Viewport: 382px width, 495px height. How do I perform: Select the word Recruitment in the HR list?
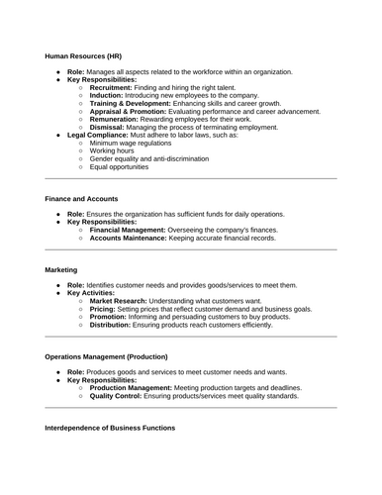click(111, 87)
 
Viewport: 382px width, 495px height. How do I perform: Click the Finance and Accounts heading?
click(86, 200)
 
